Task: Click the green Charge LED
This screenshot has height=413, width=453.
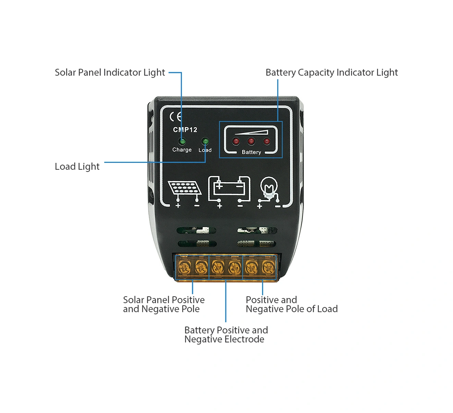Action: point(182,141)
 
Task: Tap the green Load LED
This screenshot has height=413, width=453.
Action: point(205,141)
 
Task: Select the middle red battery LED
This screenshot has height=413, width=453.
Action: point(251,141)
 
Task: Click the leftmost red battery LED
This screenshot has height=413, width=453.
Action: point(236,141)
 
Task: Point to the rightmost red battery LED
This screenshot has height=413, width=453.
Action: point(267,141)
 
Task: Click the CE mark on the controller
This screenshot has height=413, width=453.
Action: point(175,117)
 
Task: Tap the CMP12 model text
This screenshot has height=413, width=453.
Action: point(185,130)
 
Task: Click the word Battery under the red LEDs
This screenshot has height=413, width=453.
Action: point(251,152)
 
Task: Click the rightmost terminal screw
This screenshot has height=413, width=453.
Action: point(269,267)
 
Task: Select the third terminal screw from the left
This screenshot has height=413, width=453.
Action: point(218,267)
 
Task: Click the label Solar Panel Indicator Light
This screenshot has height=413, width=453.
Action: point(110,73)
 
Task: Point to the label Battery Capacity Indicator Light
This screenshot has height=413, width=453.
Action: point(331,73)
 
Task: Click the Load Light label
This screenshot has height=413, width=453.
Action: point(77,167)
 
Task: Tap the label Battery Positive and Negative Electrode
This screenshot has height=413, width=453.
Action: point(226,335)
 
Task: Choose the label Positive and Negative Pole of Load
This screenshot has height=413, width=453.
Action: point(291,305)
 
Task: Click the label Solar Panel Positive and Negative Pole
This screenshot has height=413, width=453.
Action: point(163,305)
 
